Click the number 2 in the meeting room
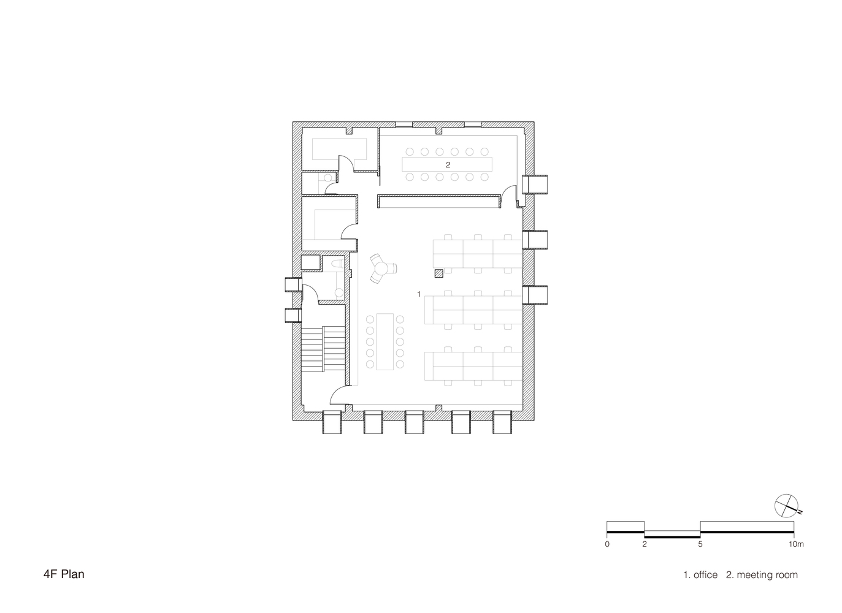tap(448, 165)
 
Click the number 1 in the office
tap(419, 294)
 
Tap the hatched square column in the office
tap(438, 273)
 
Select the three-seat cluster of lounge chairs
tap(382, 268)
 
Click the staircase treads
tap(323, 348)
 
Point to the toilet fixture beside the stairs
tap(337, 264)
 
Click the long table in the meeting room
tap(448, 165)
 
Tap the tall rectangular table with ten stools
tap(385, 341)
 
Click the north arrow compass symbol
tap(786, 504)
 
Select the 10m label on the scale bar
tap(795, 544)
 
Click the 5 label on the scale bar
tap(700, 544)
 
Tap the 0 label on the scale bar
tap(607, 544)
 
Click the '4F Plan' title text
tap(64, 574)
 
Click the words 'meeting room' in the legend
tap(767, 575)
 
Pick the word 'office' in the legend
tap(705, 575)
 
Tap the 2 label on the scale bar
tap(644, 544)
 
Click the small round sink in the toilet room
tap(338, 292)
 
